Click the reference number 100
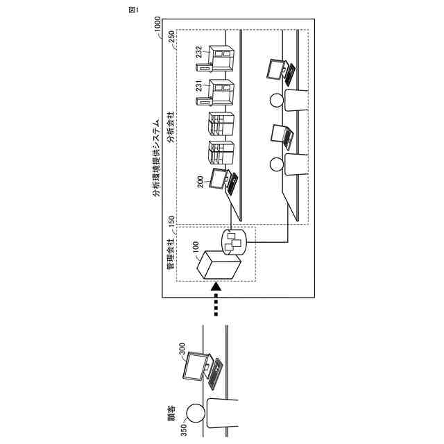[x=196, y=246]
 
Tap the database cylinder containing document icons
[x=234, y=241]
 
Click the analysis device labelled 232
[x=221, y=57]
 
